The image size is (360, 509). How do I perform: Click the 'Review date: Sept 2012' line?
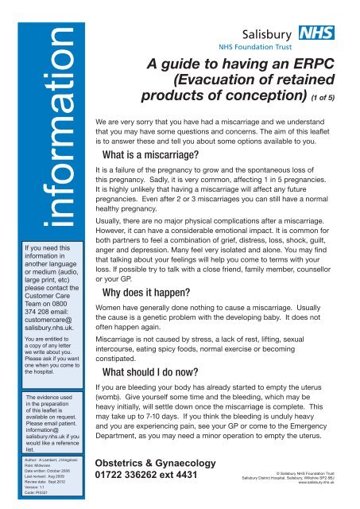(x=37, y=489)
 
